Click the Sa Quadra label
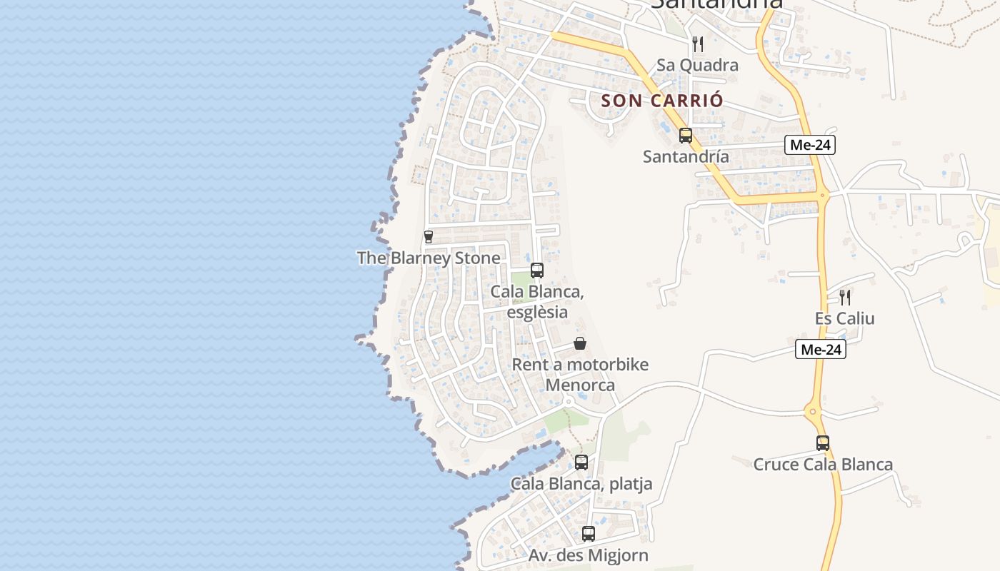(x=697, y=65)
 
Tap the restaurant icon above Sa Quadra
(x=698, y=44)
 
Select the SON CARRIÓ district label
(x=662, y=101)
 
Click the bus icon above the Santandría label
(x=686, y=135)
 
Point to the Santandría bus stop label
(x=686, y=156)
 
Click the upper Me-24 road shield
(x=810, y=145)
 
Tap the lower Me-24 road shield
(x=821, y=350)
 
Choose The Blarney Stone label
(x=429, y=258)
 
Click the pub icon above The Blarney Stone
(x=429, y=237)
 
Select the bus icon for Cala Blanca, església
(x=537, y=271)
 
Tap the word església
(x=537, y=312)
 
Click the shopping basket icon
(x=580, y=344)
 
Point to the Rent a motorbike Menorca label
(x=580, y=375)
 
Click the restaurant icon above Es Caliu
(x=845, y=297)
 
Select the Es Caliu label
(x=845, y=318)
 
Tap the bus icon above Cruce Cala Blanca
(x=823, y=443)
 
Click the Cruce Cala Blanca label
(x=823, y=465)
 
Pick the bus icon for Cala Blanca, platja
(x=581, y=463)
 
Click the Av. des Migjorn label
(x=589, y=555)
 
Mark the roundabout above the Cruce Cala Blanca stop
(x=813, y=411)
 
